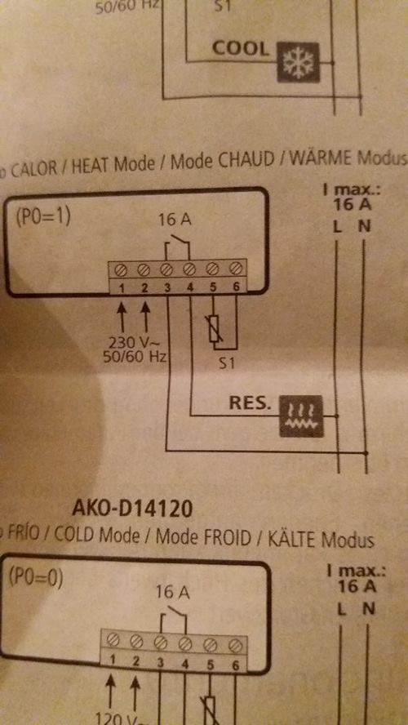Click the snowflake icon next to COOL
(x=298, y=62)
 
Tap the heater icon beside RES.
(x=302, y=416)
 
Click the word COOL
(x=240, y=48)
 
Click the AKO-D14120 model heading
(x=131, y=509)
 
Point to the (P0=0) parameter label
(x=36, y=578)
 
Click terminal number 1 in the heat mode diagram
(x=122, y=287)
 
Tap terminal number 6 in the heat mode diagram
(x=236, y=287)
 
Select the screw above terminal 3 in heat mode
(x=166, y=268)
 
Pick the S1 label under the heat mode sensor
(x=226, y=364)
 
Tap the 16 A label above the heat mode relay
(x=174, y=219)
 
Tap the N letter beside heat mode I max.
(x=365, y=227)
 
